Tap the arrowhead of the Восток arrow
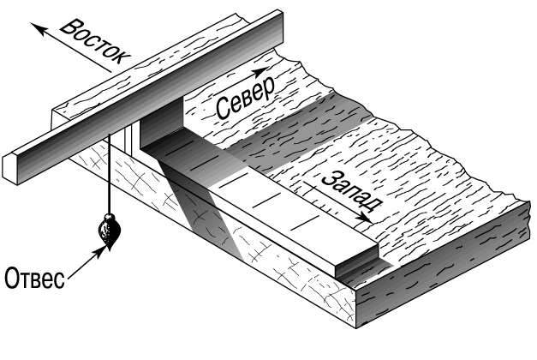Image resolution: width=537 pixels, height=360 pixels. (38, 28)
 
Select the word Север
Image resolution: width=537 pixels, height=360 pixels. (246, 99)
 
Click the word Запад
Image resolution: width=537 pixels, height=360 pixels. (351, 190)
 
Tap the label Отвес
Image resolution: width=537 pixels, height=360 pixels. (34, 278)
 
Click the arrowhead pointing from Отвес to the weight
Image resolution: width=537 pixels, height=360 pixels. (99, 252)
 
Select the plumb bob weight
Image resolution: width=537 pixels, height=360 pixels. (110, 232)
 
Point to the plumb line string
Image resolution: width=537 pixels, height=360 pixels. (110, 175)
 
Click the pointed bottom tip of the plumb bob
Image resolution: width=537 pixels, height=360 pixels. (110, 250)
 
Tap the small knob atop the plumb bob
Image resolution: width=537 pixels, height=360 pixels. (109, 217)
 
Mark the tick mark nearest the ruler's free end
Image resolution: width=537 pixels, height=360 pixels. (305, 223)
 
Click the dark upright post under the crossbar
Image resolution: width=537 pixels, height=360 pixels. (160, 127)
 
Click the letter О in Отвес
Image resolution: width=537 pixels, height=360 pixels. (11, 278)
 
